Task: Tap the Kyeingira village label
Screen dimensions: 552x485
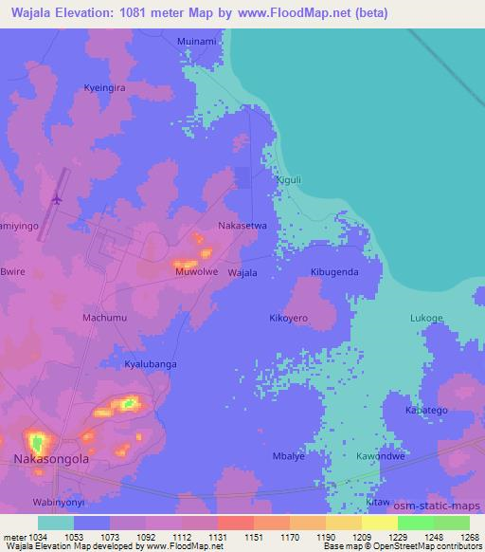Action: [105, 85]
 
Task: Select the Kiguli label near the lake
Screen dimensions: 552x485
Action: [287, 178]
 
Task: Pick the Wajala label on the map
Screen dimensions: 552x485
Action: [243, 272]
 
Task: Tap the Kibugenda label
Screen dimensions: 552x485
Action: [334, 271]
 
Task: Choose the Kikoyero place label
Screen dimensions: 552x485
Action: [290, 319]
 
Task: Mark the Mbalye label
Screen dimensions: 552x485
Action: [288, 455]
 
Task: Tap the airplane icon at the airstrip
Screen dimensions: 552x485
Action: [56, 198]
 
